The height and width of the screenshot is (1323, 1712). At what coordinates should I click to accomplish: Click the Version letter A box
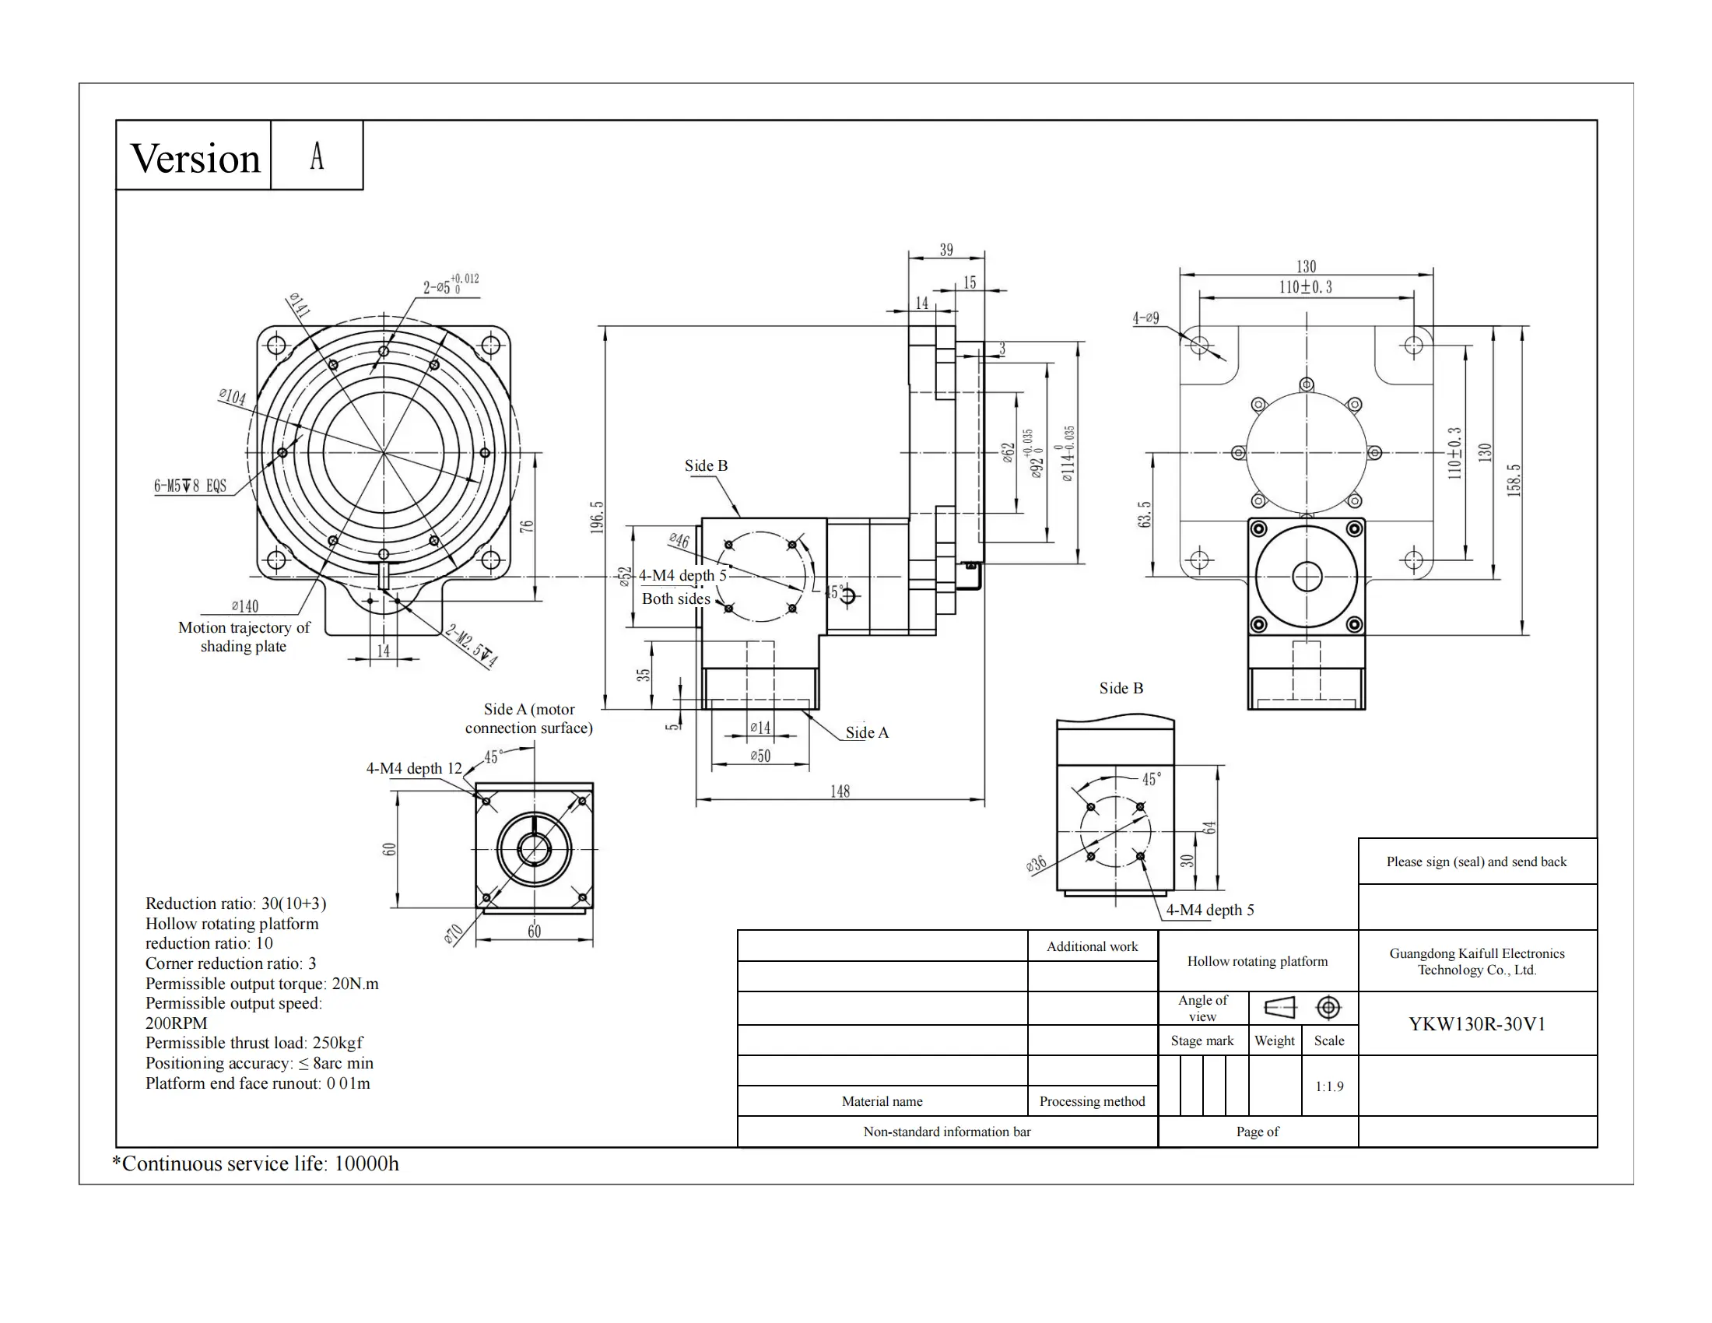[x=317, y=156]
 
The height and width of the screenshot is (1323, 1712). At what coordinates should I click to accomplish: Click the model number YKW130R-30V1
[x=1477, y=1024]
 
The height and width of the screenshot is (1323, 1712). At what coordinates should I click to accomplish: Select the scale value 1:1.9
[x=1328, y=1086]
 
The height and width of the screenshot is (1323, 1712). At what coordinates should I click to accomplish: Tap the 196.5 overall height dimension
[x=598, y=518]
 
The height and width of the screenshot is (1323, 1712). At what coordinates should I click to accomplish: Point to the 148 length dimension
[x=840, y=791]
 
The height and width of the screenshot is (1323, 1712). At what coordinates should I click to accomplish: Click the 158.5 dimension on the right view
[x=1514, y=480]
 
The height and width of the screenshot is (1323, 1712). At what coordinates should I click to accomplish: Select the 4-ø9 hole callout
[x=1145, y=318]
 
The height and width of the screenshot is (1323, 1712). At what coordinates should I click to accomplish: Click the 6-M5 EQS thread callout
[x=190, y=486]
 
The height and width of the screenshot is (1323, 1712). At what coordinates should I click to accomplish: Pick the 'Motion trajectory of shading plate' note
[x=244, y=637]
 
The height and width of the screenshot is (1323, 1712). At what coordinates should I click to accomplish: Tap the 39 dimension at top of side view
[x=946, y=249]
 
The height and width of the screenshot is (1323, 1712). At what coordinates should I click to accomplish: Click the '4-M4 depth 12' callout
[x=414, y=768]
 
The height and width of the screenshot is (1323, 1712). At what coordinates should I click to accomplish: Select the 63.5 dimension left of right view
[x=1145, y=515]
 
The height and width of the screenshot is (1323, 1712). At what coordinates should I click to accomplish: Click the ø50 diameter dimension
[x=760, y=756]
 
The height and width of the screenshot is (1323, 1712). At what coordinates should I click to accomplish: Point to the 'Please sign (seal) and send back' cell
[x=1476, y=862]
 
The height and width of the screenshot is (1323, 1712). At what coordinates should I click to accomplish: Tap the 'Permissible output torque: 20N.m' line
[x=261, y=984]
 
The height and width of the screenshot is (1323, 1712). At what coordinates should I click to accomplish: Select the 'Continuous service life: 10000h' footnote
[x=256, y=1164]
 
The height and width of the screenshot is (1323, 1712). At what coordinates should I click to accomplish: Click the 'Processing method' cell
[x=1092, y=1101]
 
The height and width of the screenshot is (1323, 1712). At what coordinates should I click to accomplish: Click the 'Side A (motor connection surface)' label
[x=529, y=718]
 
